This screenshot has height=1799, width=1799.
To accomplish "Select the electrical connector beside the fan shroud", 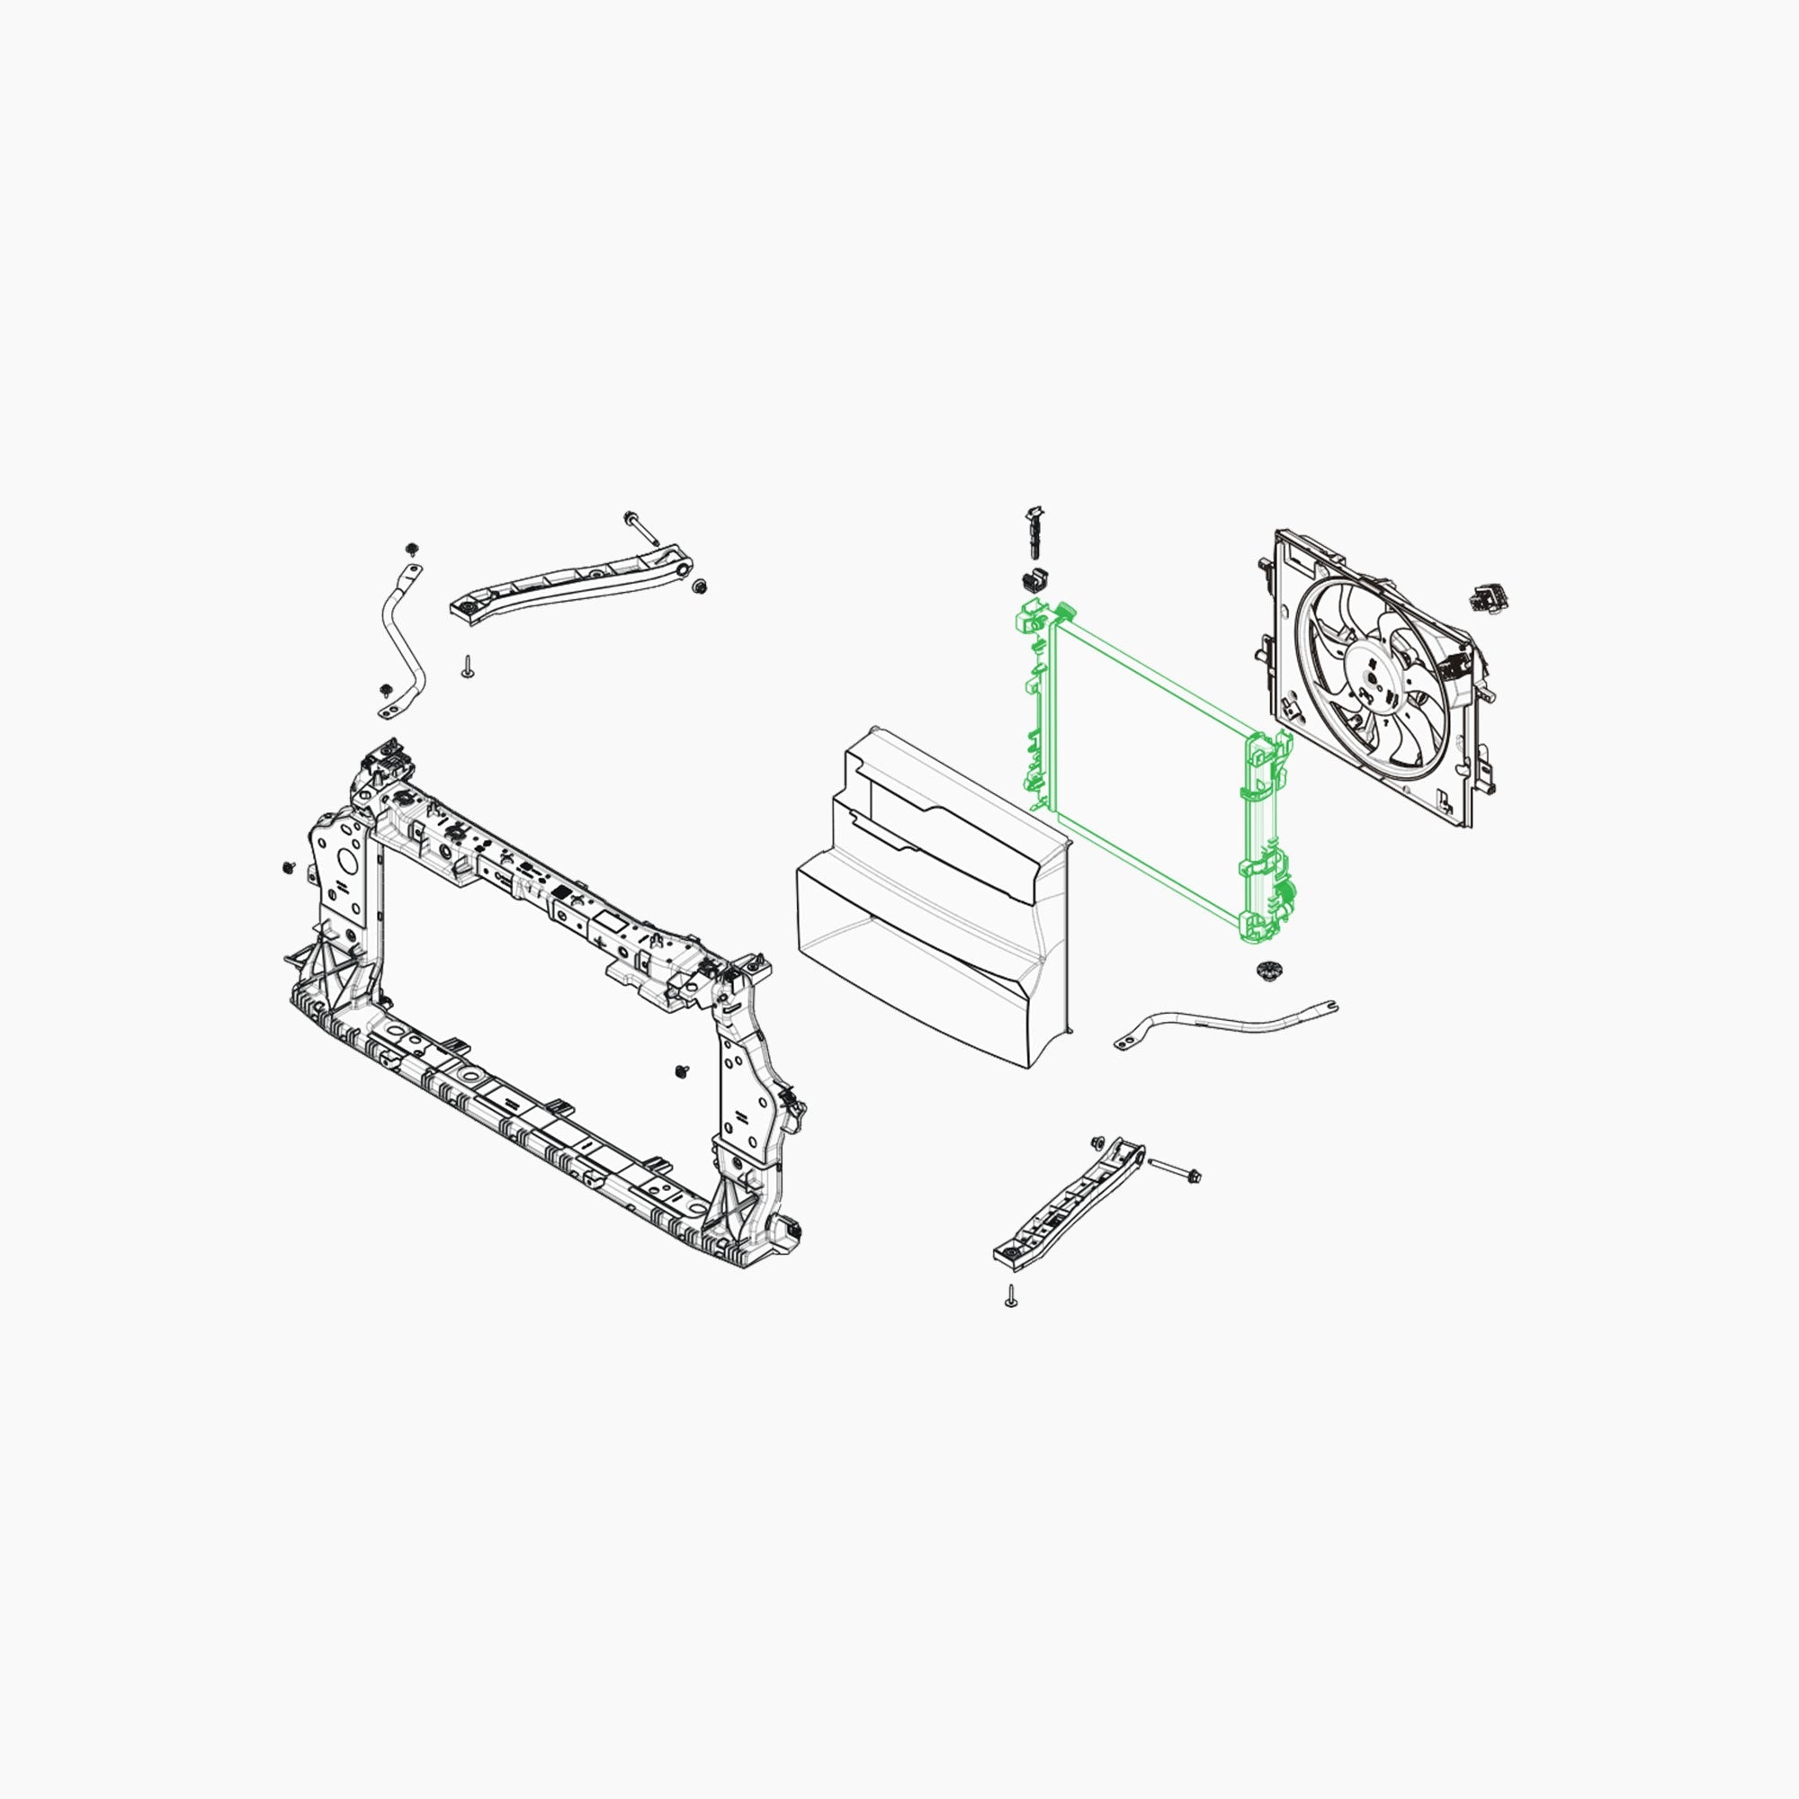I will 1490,598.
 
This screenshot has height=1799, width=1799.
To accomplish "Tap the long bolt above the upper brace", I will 641,528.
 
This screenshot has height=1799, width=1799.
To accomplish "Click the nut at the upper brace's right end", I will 700,586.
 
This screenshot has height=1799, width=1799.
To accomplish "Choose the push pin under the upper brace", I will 468,667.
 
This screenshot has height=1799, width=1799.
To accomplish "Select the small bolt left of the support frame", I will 287,868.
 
